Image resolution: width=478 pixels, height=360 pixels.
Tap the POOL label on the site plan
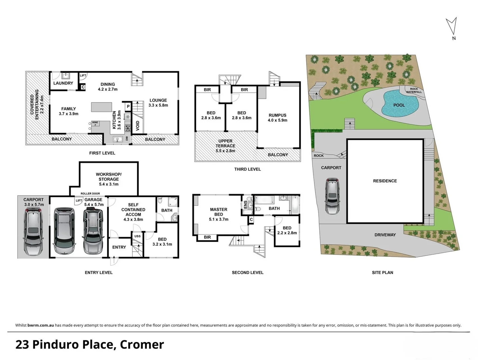[x=399, y=105]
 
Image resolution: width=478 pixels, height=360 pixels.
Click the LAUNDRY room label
[x=63, y=83]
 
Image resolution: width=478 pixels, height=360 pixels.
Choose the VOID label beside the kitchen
[x=138, y=126]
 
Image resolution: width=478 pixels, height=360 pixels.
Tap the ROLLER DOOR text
[x=90, y=194]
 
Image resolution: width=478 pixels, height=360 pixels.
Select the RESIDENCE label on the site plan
[x=385, y=181]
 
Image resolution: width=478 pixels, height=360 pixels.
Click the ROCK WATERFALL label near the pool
[x=414, y=90]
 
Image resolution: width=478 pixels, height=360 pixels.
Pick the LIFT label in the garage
[x=79, y=200]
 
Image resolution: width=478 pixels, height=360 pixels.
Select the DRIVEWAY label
[x=385, y=235]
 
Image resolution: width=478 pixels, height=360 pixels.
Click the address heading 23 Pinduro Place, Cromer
[x=90, y=344]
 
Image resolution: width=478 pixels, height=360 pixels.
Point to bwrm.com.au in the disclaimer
[x=41, y=325]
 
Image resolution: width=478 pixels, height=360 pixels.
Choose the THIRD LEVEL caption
[x=247, y=169]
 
